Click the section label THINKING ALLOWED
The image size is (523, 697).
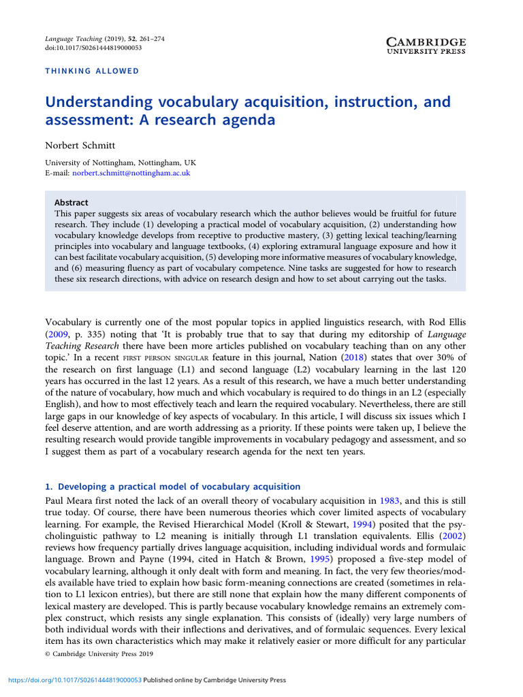point(91,71)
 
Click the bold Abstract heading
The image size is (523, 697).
point(72,202)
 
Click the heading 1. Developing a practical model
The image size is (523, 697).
point(172,486)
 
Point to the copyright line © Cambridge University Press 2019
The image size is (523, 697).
point(99,654)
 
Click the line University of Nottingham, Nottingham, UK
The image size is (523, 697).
point(121,163)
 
